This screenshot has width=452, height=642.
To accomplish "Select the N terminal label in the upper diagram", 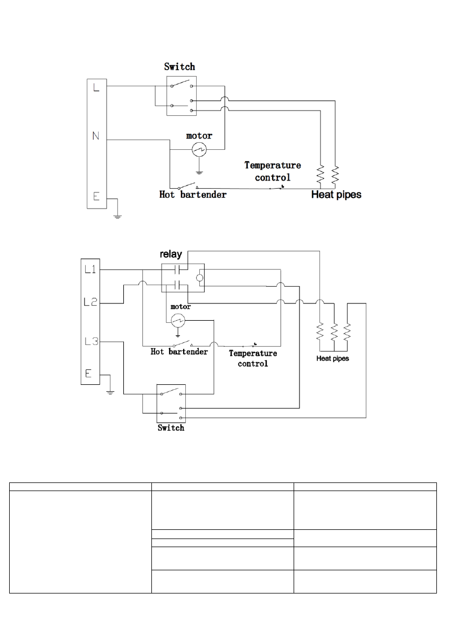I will click(96, 136).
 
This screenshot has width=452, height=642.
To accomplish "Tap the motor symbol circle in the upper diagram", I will click(199, 150).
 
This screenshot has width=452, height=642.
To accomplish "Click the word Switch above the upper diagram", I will click(179, 67).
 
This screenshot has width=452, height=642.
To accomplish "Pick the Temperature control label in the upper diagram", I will click(273, 171).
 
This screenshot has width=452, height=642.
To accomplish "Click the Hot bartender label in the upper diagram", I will click(193, 195).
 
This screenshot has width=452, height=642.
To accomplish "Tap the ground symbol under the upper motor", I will click(199, 172).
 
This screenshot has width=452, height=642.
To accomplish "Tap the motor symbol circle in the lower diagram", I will click(178, 321).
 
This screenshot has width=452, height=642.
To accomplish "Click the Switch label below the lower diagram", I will click(171, 428).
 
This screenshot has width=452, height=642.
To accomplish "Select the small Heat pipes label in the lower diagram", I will click(332, 358).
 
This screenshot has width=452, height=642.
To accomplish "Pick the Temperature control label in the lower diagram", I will click(253, 358).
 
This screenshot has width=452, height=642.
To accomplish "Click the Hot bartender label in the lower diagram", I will click(179, 352).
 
